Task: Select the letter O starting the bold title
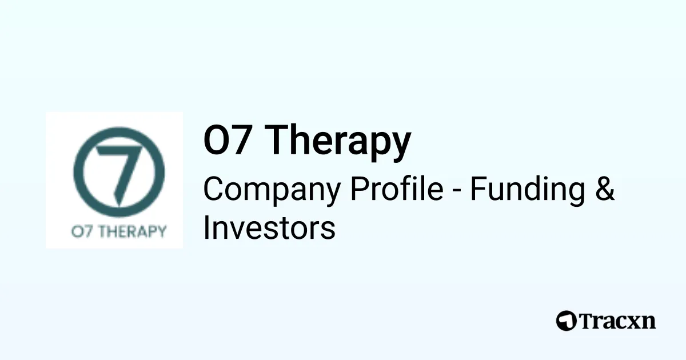(216, 140)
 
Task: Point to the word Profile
(397, 189)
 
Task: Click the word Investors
(269, 228)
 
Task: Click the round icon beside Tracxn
(567, 321)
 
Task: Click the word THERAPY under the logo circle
(130, 232)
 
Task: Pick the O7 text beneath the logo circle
(80, 232)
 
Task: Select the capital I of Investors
(208, 227)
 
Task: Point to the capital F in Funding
(477, 189)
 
